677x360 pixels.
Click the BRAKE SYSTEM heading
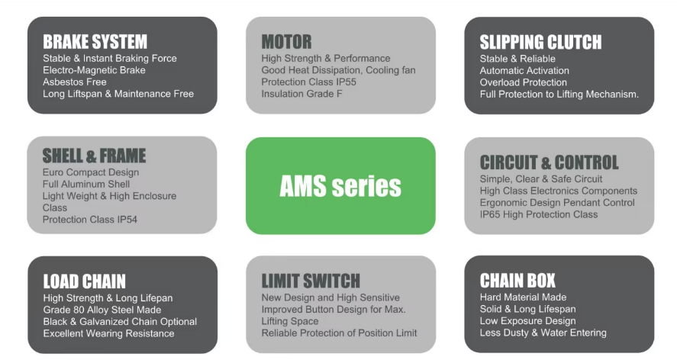point(95,41)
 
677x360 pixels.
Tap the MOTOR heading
point(286,41)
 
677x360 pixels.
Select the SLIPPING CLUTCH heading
point(540,42)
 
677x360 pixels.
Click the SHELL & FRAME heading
point(94,156)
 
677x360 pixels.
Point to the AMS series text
point(340,185)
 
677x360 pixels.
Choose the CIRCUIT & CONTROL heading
point(549,162)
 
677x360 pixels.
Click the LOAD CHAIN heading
point(84,281)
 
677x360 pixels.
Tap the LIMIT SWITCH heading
point(311,281)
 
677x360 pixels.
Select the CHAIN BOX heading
point(517,281)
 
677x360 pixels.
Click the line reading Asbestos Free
point(75,82)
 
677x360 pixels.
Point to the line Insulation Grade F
point(301,94)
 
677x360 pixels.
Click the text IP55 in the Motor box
point(347,82)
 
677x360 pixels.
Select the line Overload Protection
point(524,82)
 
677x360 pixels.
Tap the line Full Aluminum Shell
point(87,185)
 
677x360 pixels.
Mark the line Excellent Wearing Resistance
point(108,333)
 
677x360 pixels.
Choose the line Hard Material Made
point(523,297)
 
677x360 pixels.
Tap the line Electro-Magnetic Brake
point(94,70)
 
